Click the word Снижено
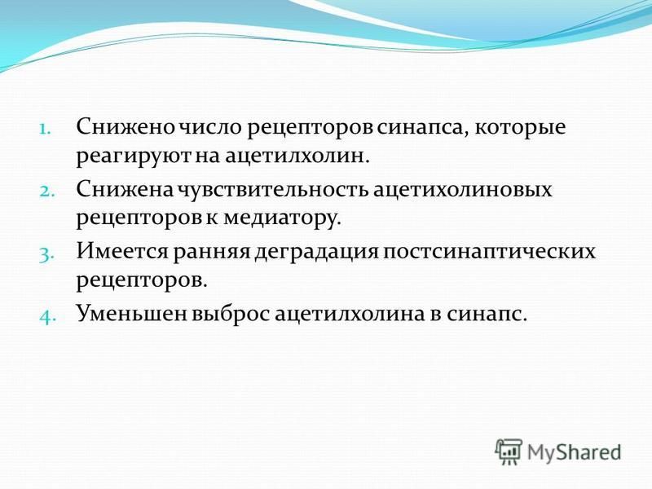coord(126,126)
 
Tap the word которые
coord(520,126)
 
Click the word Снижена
coord(124,189)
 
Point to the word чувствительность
coord(272,189)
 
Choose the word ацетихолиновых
coord(462,189)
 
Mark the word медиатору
coord(282,220)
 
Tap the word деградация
coord(316,252)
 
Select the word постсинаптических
coord(489,252)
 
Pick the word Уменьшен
coord(131,314)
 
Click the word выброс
coord(230,314)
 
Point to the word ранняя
coord(211,252)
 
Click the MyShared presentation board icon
coord(509,452)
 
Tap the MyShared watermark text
coord(574,452)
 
